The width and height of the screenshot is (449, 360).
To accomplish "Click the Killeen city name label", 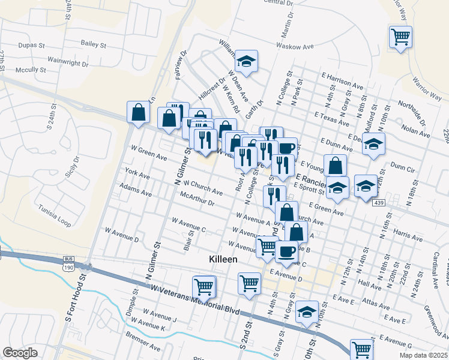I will click(223, 259).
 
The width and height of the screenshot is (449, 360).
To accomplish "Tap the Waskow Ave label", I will click(295, 46).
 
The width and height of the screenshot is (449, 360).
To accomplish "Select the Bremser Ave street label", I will click(143, 347).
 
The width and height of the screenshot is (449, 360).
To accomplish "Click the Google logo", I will click(20, 353).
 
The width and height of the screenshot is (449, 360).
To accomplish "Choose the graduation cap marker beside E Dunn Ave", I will click(373, 144).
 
